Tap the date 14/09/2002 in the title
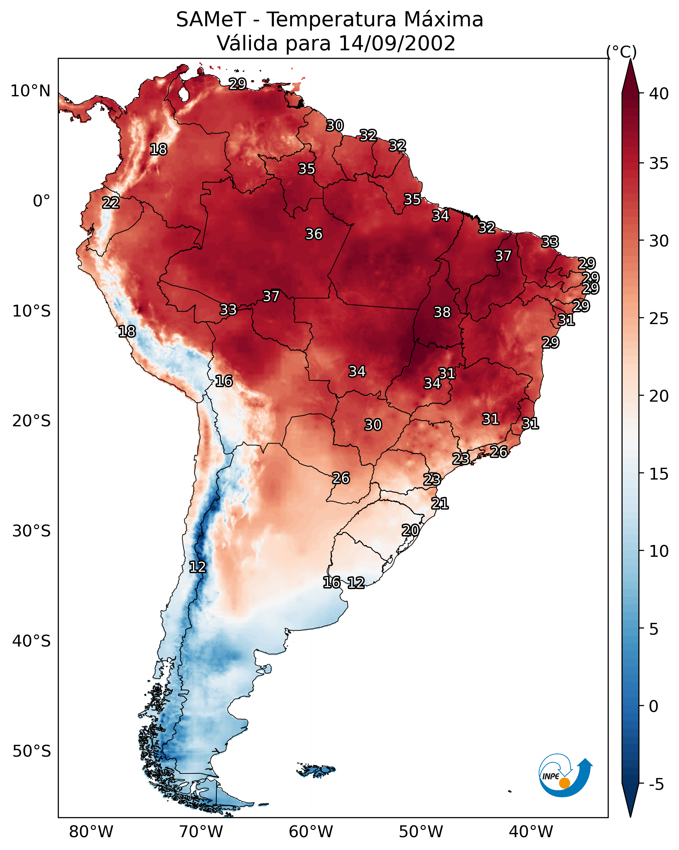pos(397,43)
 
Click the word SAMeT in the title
pos(211,19)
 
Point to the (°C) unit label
pos(622,52)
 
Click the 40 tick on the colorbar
pos(659,94)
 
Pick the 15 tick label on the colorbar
pos(659,474)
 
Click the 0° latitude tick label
pos(42,201)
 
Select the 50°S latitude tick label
pos(32,751)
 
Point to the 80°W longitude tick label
pos(91,832)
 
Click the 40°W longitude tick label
pos(531,832)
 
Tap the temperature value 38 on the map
pos(442,312)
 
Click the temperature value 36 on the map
pos(314,234)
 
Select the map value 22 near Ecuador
pos(111,203)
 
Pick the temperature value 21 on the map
pos(440,504)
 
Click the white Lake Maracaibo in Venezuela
pos(183,94)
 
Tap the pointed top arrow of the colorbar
pos(630,60)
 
